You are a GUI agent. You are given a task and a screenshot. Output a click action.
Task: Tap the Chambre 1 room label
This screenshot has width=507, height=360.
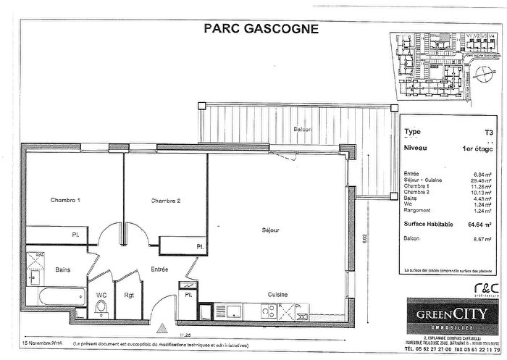[64, 200]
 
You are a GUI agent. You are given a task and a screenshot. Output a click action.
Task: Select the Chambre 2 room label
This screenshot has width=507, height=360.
[165, 200]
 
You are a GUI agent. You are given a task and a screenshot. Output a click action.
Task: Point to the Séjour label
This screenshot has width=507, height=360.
[271, 230]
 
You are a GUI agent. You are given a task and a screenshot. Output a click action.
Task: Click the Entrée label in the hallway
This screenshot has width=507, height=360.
[160, 269]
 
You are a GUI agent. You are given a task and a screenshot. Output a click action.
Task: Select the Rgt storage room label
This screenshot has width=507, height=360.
[130, 296]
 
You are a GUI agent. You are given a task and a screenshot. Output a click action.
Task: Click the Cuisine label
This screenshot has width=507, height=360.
[277, 295]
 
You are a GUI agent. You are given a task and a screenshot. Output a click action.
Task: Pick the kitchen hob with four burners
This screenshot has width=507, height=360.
[268, 311]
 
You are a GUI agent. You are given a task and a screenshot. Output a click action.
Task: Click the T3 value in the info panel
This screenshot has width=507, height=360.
[489, 133]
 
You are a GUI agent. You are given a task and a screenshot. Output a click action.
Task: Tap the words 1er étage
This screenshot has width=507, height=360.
[475, 148]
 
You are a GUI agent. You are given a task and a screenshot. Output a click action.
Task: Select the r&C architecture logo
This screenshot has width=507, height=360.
[489, 287]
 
